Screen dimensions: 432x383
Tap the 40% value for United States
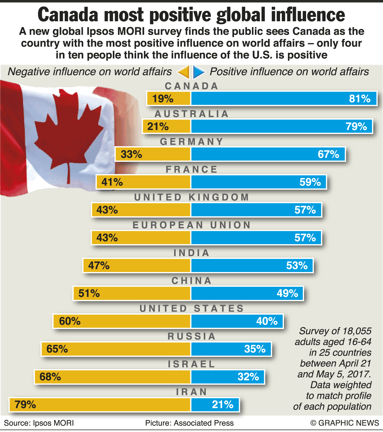coord(267,321)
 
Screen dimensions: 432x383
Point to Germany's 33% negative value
coord(131,154)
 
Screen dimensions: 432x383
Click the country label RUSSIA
coord(191,336)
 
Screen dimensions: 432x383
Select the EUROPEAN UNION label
coord(191,225)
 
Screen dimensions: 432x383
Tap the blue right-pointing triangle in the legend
coord(199,72)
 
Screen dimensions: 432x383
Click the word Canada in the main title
coord(68,15)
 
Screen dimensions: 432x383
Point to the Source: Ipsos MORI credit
coord(39,423)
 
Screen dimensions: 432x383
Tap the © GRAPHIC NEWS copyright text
coord(345,423)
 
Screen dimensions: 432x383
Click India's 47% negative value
coord(99,266)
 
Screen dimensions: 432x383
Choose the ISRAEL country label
coord(191,364)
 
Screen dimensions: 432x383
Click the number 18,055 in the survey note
coord(357,331)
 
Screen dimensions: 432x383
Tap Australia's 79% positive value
coord(356,126)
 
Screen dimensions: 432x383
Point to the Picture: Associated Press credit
coord(189,423)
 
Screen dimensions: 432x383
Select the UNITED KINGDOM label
coord(191,197)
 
